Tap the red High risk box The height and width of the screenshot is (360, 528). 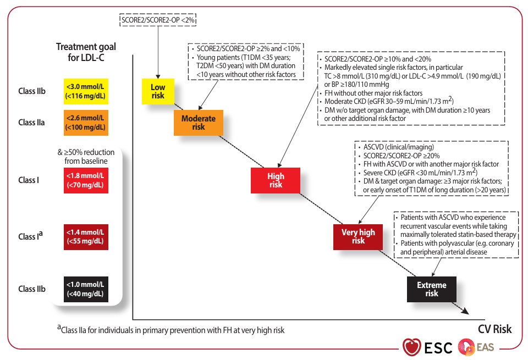tap(275, 180)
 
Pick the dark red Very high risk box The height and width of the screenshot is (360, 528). tap(358, 236)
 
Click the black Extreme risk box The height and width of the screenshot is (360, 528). tap(431, 289)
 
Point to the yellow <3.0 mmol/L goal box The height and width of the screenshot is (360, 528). tap(86, 91)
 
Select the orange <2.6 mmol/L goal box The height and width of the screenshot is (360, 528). tap(86, 122)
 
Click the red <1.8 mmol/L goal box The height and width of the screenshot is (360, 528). tap(86, 180)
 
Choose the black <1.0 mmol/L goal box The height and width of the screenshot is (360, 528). tap(86, 289)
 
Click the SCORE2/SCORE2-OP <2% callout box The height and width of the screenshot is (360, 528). tap(158, 20)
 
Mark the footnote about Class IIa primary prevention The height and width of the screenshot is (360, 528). tap(170, 330)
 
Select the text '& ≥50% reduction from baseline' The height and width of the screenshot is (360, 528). tap(86, 157)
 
